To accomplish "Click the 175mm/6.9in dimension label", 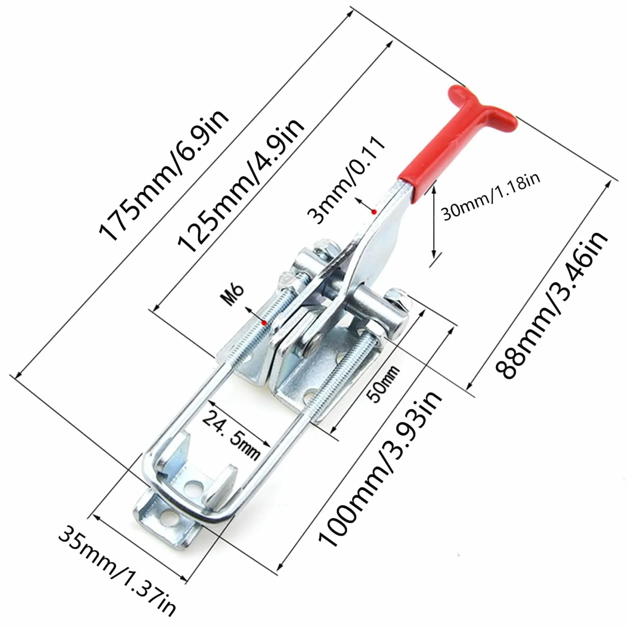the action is pos(164,176).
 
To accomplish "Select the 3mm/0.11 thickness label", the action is pos(346,180).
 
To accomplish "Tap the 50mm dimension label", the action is pos(384,384).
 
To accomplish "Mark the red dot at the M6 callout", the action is pos(264,322).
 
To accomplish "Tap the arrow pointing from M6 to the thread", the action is pos(255,315).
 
